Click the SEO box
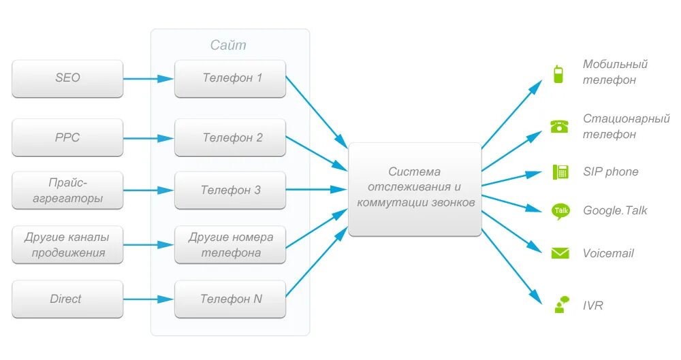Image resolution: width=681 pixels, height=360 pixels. pyautogui.click(x=67, y=78)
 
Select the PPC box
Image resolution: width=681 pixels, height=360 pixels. pyautogui.click(x=67, y=137)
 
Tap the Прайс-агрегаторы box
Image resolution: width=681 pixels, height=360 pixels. pyautogui.click(x=67, y=191)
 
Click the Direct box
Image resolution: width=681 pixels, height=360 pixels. pyautogui.click(x=67, y=299)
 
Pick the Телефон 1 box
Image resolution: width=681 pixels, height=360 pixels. pyautogui.click(x=230, y=78)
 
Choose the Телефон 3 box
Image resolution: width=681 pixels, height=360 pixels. pyautogui.click(x=230, y=191)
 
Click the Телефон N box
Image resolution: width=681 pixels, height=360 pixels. pyautogui.click(x=230, y=299)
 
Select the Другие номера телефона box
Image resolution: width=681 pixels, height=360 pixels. pyautogui.click(x=230, y=245)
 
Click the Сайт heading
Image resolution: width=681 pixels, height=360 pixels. pyautogui.click(x=228, y=46)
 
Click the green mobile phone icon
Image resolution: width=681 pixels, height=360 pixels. pyautogui.click(x=558, y=73)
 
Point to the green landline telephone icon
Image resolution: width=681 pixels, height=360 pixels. pyautogui.click(x=559, y=127)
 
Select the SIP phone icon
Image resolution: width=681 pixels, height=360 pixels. pyautogui.click(x=560, y=171)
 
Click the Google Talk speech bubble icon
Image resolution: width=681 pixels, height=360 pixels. pyautogui.click(x=560, y=211)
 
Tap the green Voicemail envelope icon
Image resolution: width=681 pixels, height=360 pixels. pyautogui.click(x=560, y=253)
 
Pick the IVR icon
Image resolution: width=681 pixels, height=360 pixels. pyautogui.click(x=560, y=305)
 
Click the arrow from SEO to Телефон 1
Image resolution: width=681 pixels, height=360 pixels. pyautogui.click(x=148, y=78)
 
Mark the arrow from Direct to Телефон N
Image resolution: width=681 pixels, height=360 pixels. pyautogui.click(x=148, y=299)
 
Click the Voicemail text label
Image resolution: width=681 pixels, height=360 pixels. pyautogui.click(x=608, y=253)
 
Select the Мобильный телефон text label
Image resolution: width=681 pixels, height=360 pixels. pyautogui.click(x=614, y=72)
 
